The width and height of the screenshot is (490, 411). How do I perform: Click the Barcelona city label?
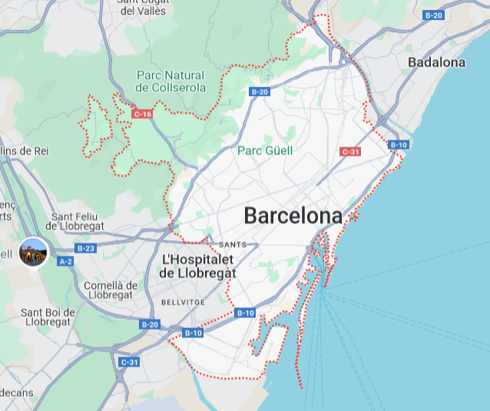click(x=293, y=216)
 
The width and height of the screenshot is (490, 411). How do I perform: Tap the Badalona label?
click(x=436, y=62)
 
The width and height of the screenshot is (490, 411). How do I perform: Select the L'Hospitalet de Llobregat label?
click(x=197, y=266)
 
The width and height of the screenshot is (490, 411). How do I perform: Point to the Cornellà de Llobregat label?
click(x=111, y=290)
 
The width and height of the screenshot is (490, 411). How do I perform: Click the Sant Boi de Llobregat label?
click(x=48, y=317)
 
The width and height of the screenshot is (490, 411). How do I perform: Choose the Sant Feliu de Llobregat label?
click(x=75, y=221)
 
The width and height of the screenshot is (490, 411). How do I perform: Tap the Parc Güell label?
click(x=265, y=151)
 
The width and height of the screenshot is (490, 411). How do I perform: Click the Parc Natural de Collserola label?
click(x=171, y=81)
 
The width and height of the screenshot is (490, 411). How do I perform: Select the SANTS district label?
click(x=233, y=244)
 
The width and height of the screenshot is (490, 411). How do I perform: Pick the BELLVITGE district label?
click(x=183, y=303)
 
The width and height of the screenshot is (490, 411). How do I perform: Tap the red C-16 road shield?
click(x=142, y=114)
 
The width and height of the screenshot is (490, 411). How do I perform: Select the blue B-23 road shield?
click(x=85, y=248)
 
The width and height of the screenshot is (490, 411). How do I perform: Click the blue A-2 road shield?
click(x=65, y=261)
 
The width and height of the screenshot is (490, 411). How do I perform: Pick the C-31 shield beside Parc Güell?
click(x=350, y=151)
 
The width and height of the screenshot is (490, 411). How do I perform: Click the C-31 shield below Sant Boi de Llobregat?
click(x=129, y=362)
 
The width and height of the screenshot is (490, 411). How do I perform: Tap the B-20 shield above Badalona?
click(x=433, y=15)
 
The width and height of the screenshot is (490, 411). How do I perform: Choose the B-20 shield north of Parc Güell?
click(x=260, y=91)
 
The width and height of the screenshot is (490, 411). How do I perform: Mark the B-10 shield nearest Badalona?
click(x=398, y=144)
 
